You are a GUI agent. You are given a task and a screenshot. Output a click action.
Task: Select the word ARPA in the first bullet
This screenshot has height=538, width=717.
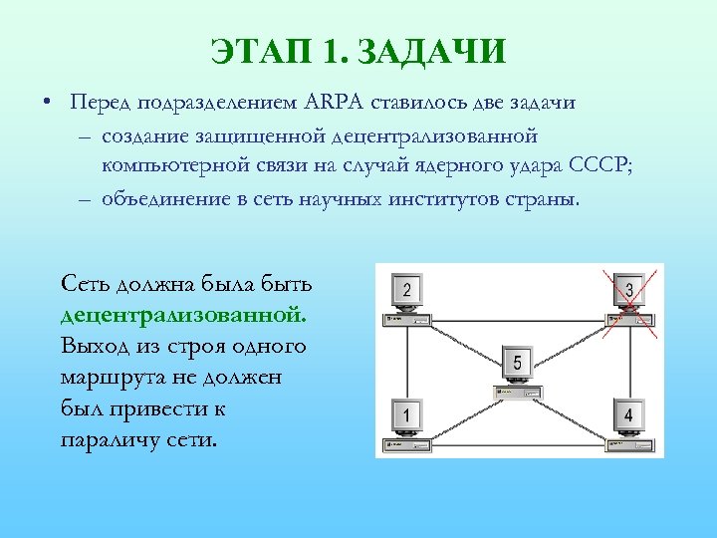pyautogui.click(x=335, y=103)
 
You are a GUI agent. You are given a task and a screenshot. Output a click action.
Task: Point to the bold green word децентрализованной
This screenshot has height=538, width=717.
pyautogui.click(x=184, y=315)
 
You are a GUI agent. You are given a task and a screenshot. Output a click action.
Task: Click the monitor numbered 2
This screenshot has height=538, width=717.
pyautogui.click(x=406, y=291)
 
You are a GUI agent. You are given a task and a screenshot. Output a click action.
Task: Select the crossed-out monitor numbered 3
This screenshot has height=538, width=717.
pyautogui.click(x=628, y=290)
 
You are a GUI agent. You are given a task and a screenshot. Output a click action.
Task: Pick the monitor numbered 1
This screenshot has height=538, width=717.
pyautogui.click(x=406, y=413)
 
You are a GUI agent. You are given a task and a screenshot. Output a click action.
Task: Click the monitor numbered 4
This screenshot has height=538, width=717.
pyautogui.click(x=627, y=413)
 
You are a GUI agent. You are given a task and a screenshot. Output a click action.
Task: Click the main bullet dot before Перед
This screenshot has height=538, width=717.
pyautogui.click(x=48, y=104)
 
